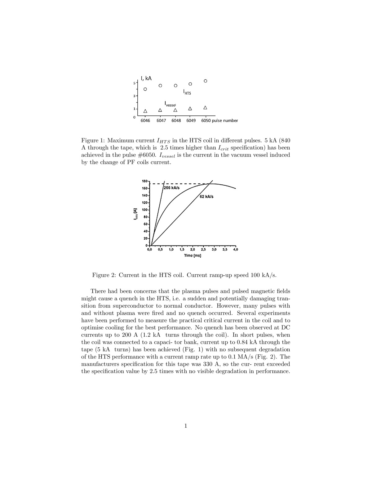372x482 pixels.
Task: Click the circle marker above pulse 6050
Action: pos(205,81)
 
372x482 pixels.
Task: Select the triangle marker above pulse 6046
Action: pos(145,111)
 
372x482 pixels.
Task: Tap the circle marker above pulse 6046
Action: pos(145,89)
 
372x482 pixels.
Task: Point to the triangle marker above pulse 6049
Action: pos(190,109)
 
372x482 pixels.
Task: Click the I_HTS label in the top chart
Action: pos(187,92)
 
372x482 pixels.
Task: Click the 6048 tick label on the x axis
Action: pos(176,120)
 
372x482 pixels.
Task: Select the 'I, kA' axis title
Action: pos(146,78)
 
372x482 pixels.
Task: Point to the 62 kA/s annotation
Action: pos(206,197)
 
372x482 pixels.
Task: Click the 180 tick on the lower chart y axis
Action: pos(144,181)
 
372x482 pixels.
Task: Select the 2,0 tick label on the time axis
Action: pos(193,249)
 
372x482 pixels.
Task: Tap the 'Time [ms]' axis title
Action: pos(193,255)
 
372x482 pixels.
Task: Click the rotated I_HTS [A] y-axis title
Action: pos(135,214)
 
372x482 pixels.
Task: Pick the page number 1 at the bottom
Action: pos(186,426)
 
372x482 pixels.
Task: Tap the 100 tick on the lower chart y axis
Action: pos(144,210)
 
